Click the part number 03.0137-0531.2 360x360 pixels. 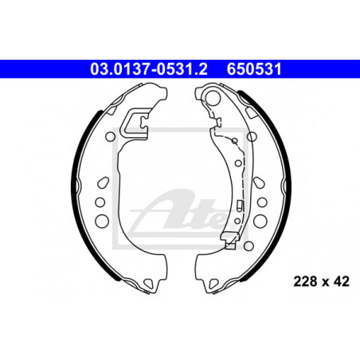click(x=149, y=69)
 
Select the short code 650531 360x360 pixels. click(x=254, y=69)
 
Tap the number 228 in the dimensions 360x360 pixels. click(x=305, y=281)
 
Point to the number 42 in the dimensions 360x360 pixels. click(x=342, y=281)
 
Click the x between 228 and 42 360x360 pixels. click(x=325, y=283)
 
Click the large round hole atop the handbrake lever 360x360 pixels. click(x=213, y=97)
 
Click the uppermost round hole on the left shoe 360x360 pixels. click(x=111, y=137)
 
